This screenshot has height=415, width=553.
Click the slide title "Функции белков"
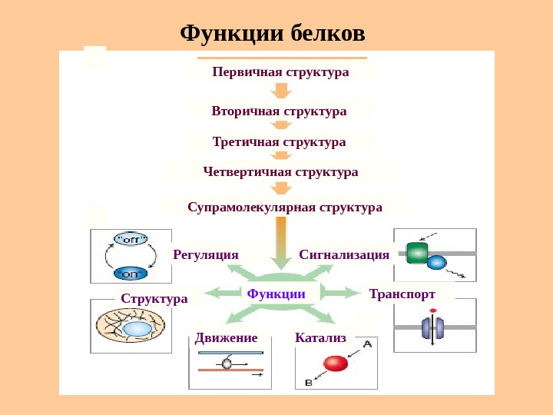click(x=273, y=33)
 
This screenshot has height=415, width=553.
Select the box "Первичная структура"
click(x=280, y=71)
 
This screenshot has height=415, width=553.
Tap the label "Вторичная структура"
click(x=279, y=111)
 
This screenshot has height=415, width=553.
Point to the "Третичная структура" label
click(x=279, y=141)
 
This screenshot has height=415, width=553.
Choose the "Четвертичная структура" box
click(x=280, y=171)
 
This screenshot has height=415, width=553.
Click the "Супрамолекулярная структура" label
click(x=284, y=207)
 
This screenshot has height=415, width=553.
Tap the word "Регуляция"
click(x=206, y=254)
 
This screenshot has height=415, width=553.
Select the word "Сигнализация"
click(x=343, y=254)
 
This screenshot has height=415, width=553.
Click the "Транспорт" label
click(x=402, y=294)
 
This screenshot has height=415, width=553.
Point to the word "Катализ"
click(x=320, y=337)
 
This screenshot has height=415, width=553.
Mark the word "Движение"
click(x=226, y=337)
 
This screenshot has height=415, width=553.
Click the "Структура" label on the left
click(x=154, y=297)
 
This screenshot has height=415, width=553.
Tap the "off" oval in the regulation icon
click(x=130, y=239)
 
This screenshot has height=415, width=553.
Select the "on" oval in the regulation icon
click(x=130, y=273)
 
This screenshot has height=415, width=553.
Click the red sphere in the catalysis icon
click(x=335, y=363)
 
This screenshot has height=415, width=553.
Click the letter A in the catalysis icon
click(x=367, y=344)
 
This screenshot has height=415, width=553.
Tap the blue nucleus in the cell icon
click(x=137, y=329)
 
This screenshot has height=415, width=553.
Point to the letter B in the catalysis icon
click(x=308, y=381)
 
